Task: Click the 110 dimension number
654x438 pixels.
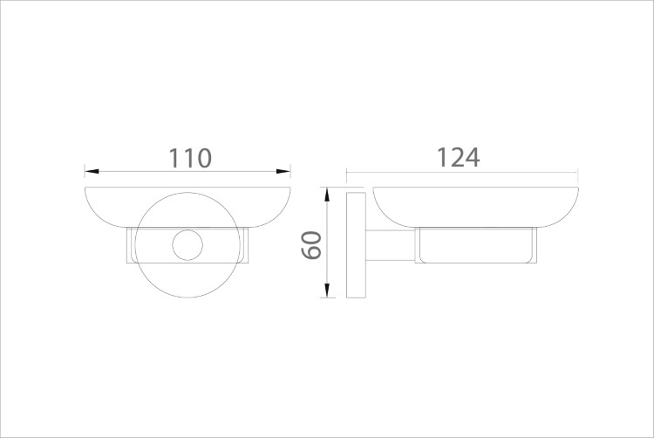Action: [190, 158]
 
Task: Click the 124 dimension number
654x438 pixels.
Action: [458, 157]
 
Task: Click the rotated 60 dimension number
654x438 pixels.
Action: [312, 245]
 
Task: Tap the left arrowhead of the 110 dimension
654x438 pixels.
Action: [92, 171]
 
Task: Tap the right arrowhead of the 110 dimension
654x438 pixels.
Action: [283, 171]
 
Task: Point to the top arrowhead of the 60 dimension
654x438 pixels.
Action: [327, 195]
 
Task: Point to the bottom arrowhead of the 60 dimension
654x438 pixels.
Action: [327, 291]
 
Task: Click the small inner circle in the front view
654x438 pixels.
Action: [187, 245]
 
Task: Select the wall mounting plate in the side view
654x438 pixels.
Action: [356, 245]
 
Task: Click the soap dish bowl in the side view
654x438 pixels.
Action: [475, 208]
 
